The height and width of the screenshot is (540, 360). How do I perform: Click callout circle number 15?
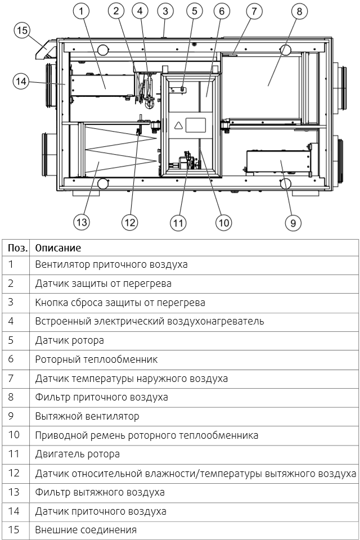pos(21,30)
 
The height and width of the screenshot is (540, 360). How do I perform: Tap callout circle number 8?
pos(299,11)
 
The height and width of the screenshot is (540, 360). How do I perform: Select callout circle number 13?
pos(82,222)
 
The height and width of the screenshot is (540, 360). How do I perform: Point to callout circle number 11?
pos(178,223)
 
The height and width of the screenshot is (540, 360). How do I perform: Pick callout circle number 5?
pos(194,11)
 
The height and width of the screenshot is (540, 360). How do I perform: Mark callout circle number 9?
pos(293,223)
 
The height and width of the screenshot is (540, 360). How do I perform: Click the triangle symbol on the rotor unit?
pos(178,125)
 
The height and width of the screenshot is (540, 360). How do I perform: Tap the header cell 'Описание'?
pos(58,247)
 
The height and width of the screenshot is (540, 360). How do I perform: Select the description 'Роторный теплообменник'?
pos(96,359)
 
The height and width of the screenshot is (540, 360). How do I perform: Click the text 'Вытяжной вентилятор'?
pos(87,416)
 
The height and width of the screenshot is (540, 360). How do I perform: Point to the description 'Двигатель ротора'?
pos(77,454)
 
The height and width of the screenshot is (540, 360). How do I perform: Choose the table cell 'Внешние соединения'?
pos(85,530)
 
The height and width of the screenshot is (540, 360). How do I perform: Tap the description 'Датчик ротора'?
pos(69,340)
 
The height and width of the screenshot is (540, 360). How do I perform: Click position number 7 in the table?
pos(11,378)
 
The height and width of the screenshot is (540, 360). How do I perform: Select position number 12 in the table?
pos(14,473)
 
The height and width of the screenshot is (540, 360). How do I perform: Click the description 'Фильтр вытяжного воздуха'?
pos(100,492)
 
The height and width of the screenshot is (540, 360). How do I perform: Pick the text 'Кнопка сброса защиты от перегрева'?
pos(120,302)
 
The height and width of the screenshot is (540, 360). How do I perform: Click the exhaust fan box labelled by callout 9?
pos(277,164)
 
